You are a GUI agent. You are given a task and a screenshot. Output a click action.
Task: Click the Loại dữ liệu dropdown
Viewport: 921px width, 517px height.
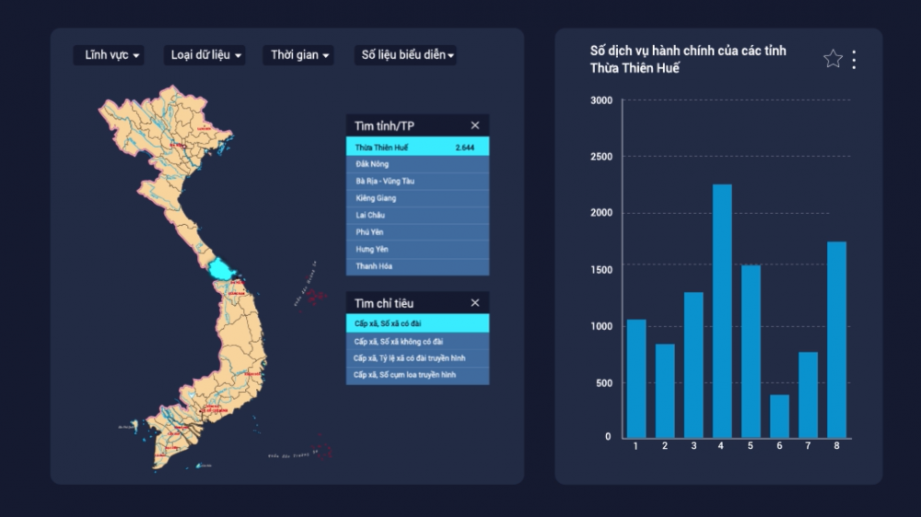coord(206,55)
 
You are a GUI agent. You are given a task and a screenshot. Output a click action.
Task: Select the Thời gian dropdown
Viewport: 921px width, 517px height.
coord(298,55)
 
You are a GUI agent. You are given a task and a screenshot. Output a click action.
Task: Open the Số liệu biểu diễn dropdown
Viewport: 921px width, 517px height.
coord(406,55)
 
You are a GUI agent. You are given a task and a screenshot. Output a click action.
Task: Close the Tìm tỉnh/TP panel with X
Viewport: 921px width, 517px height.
coord(475,125)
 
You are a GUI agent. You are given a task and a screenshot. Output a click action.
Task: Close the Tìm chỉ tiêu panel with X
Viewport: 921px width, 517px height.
coord(475,303)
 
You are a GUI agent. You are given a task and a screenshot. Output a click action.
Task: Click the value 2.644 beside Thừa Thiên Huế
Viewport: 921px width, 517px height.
coord(464,147)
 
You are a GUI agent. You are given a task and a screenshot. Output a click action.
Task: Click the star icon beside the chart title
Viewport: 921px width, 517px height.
coord(833,59)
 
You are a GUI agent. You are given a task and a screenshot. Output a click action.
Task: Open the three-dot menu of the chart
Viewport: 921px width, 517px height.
coord(854,59)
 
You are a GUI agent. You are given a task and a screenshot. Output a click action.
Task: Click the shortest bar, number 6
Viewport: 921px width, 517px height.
coord(779,416)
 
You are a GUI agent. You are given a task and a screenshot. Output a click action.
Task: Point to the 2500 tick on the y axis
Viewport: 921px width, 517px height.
coord(601,157)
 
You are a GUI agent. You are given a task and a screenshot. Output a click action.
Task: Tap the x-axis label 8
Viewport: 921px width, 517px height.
coord(836,447)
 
